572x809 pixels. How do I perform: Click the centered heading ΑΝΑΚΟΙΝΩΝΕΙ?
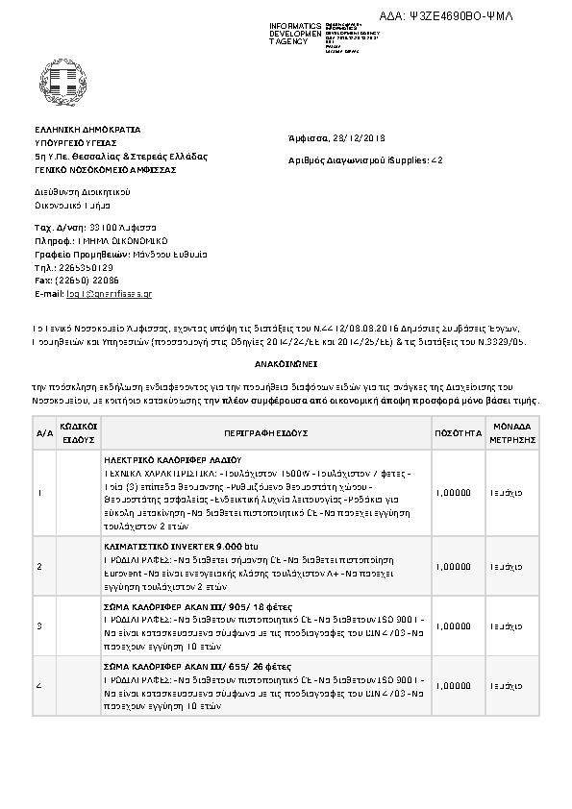coord(286,366)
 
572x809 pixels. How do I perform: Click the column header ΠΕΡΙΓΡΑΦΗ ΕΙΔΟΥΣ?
coord(261,433)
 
